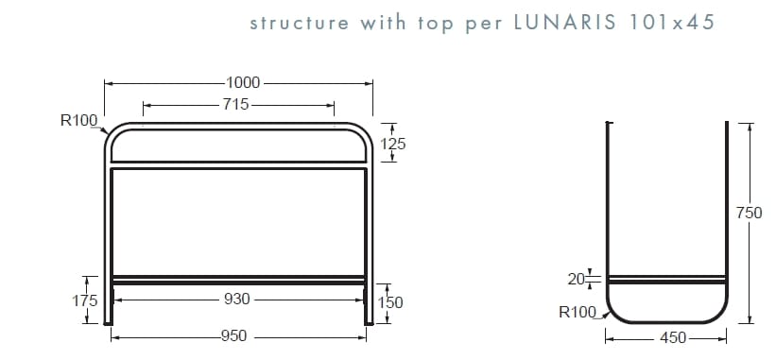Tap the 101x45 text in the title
pos(673,23)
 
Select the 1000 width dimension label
pos(244,83)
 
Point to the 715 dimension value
pos(236,105)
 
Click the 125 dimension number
pos(393,144)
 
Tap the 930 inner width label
pos(236,299)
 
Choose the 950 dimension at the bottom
pos(234,335)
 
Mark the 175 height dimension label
pos(86,300)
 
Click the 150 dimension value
pos(390,302)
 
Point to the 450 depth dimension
pos(672,337)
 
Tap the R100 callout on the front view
pos(78,120)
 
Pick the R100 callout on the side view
pos(578,313)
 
